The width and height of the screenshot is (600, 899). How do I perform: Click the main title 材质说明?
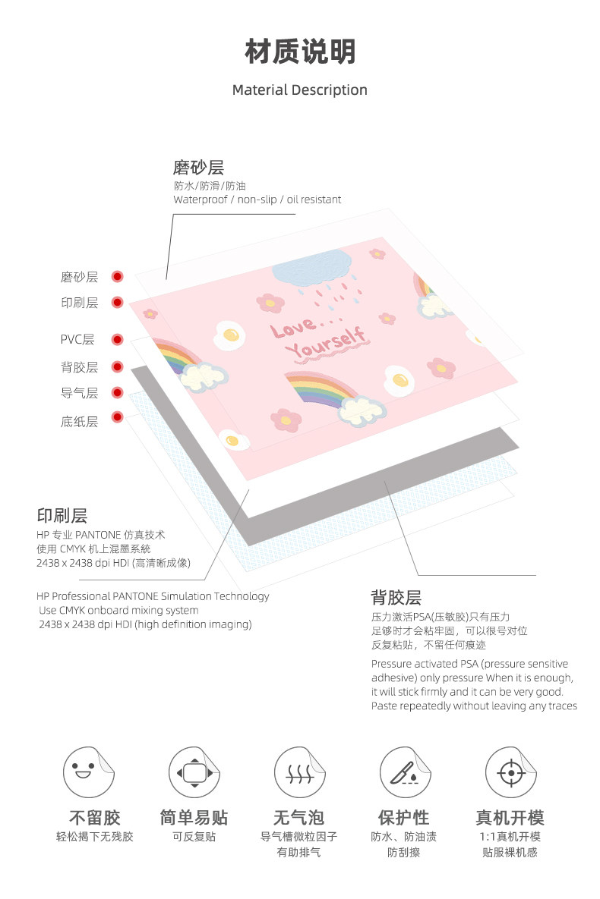(300, 52)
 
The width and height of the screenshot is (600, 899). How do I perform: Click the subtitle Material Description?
(300, 90)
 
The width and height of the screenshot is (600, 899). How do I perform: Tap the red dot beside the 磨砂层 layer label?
(117, 277)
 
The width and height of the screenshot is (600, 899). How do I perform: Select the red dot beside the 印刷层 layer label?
(117, 302)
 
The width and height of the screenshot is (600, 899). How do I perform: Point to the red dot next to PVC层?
(117, 339)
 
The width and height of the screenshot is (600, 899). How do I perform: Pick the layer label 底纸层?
(80, 421)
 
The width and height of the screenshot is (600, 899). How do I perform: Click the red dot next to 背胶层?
(117, 366)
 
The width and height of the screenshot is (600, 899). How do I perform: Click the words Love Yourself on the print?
(317, 338)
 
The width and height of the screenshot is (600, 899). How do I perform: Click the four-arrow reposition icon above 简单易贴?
(194, 772)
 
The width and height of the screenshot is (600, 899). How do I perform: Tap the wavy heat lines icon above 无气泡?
(299, 772)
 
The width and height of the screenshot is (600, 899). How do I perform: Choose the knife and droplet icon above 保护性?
(405, 772)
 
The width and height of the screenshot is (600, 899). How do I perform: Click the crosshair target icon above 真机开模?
(510, 772)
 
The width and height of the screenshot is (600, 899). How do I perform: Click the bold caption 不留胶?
(95, 818)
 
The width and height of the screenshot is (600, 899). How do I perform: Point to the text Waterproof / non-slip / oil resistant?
(257, 200)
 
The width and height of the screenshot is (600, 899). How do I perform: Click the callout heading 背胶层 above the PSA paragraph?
(396, 597)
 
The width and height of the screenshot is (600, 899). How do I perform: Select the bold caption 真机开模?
(510, 818)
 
